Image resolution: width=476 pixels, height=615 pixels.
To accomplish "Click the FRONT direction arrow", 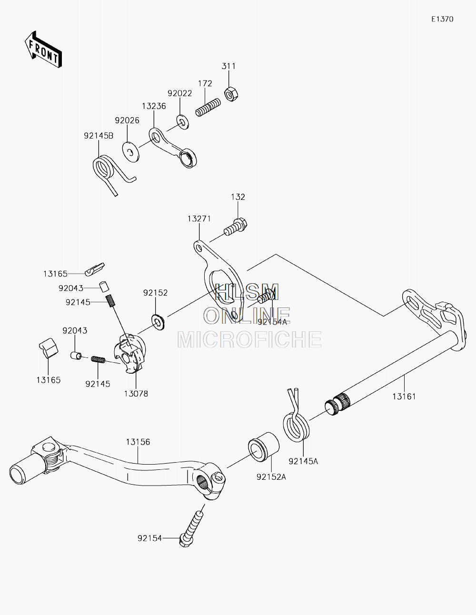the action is click(43, 49).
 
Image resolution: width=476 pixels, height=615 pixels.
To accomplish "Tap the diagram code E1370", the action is click(442, 19).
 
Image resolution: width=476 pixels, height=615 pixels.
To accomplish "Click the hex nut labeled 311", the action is click(231, 94).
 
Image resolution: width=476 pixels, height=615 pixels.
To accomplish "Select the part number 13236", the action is click(154, 106).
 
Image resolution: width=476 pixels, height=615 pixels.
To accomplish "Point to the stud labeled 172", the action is click(208, 107).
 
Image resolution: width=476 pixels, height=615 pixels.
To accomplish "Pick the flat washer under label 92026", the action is click(130, 152).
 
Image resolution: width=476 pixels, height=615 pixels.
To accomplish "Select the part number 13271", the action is click(199, 219).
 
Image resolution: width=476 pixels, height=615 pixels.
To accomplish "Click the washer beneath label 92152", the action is click(159, 322).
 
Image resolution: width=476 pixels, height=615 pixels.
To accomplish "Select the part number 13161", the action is click(404, 397).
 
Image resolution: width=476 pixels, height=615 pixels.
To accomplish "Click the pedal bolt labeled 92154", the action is click(192, 529).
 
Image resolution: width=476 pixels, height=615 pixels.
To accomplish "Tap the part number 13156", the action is click(138, 442).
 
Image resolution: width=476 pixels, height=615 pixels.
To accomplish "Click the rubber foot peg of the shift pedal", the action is click(26, 471).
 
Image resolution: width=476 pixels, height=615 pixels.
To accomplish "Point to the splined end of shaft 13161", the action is click(337, 404).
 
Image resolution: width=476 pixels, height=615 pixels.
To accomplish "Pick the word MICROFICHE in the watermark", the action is click(249, 339).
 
